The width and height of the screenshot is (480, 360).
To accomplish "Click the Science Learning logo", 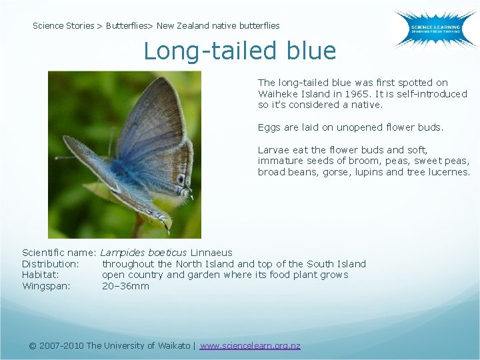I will pos(434,29).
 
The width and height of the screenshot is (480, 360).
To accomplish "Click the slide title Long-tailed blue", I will pos(240,51).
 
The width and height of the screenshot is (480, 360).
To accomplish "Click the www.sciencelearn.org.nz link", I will pos(250,345).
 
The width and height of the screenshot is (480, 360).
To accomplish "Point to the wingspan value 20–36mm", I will pos(125,286).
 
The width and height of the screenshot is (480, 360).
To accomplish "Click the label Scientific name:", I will pos(59,253).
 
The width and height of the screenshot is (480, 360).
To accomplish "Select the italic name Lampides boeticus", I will pos(144,253).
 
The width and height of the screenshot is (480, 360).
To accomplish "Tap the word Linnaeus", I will pos(211,253).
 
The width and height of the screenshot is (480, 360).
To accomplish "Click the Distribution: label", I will pos(51,264).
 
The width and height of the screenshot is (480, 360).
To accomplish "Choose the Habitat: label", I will pos(41,275).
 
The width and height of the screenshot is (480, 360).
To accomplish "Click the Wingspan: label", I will pos(46,286).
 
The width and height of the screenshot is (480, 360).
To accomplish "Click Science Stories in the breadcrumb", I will pos(63,26).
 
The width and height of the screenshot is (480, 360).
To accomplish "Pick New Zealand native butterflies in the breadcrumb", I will pos(218,26).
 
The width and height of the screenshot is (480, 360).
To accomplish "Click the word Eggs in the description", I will pos(269,127).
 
